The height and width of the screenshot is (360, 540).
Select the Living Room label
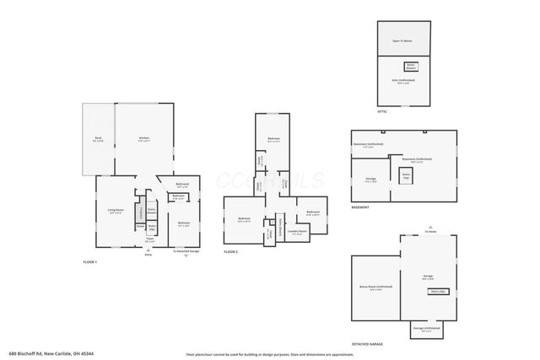point(116,210)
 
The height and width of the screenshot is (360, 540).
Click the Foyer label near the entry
point(149,239)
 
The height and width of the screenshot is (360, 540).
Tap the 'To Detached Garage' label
point(186,251)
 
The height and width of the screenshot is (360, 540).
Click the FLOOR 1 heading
point(90,262)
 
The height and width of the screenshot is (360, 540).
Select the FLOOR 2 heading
point(231,252)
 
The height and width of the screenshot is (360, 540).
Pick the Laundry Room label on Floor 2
point(296,230)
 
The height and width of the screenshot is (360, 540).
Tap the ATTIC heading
point(383,110)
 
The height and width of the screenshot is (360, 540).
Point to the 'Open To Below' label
point(403,40)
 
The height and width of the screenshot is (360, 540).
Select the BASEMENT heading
point(359,207)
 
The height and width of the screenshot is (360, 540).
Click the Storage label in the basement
point(370,179)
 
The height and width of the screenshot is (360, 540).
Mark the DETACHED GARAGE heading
point(367,345)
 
